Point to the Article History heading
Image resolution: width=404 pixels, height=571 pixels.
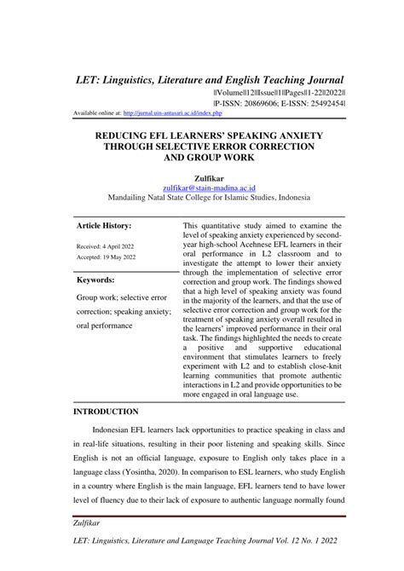pyautogui.click(x=104, y=226)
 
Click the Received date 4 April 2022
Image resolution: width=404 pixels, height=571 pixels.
pyautogui.click(x=106, y=246)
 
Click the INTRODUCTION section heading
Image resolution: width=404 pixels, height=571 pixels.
pyautogui.click(x=106, y=411)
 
